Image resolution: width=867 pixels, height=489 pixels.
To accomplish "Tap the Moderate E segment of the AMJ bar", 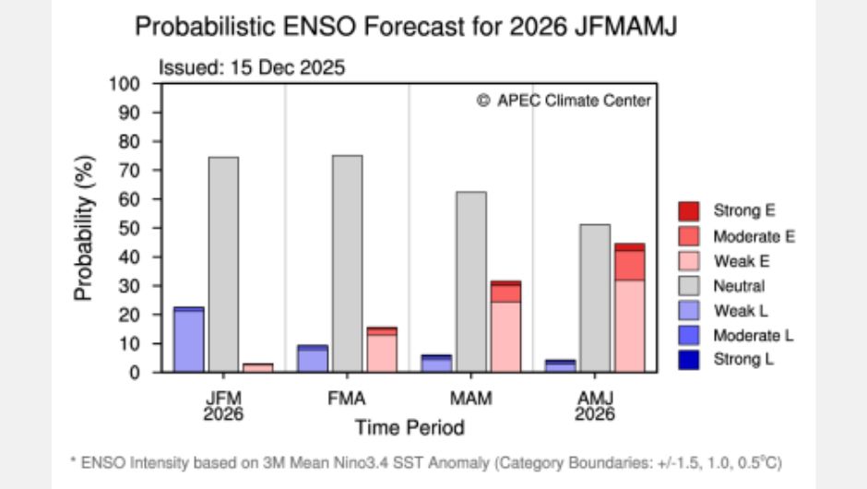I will (630, 265).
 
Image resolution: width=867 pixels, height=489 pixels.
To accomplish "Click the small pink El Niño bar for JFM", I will (258, 367).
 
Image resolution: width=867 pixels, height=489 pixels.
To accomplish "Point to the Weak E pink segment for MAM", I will (505, 337).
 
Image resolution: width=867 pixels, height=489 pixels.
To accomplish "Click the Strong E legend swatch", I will (689, 211).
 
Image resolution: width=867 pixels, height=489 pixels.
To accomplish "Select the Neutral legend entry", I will (738, 286).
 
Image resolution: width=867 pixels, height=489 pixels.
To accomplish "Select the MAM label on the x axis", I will (471, 398).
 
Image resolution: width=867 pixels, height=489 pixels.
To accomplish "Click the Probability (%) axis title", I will (85, 228).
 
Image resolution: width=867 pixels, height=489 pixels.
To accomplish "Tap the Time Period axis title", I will (410, 427).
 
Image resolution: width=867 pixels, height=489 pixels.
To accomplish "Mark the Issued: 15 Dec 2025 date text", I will (251, 68).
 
